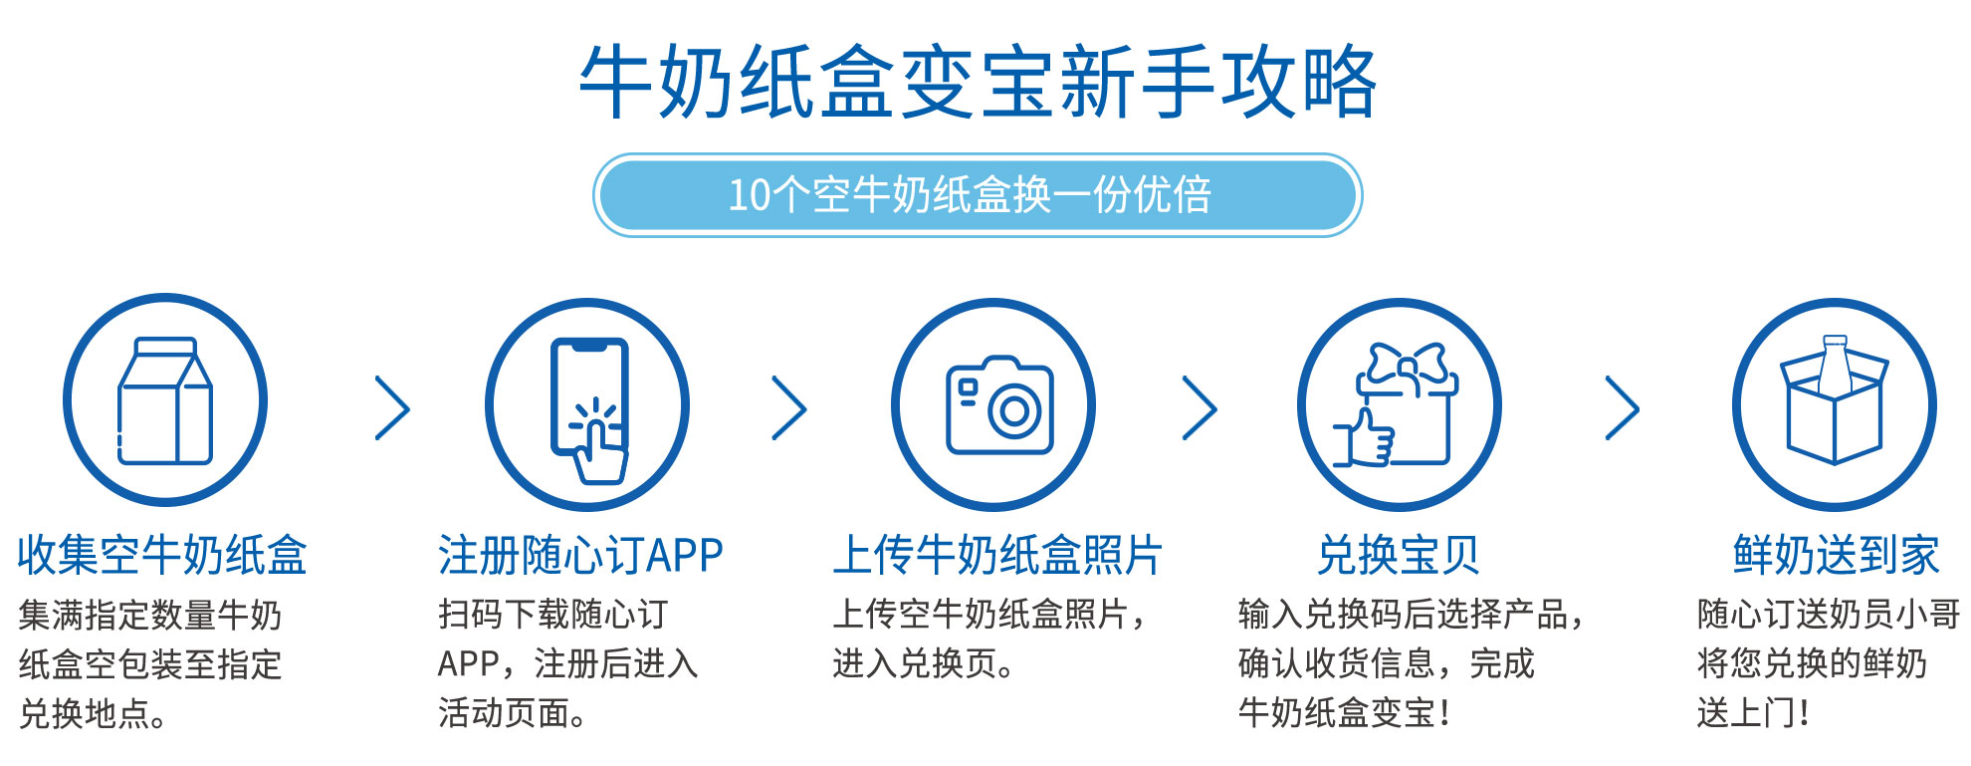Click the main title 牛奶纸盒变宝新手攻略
979,82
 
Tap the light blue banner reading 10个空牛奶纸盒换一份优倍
978,195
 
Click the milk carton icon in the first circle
165,400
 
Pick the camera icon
998,405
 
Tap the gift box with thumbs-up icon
1396,404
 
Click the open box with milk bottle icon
1834,400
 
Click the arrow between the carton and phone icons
392,407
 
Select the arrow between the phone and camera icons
789,407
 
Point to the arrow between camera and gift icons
1200,407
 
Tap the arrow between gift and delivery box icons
1622,407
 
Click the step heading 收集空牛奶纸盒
162,555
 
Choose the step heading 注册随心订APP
580,555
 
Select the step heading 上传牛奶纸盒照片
997,555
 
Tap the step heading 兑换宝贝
1398,555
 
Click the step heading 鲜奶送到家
1836,555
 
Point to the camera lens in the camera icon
1014,410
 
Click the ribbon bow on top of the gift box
1407,365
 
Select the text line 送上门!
1753,713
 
